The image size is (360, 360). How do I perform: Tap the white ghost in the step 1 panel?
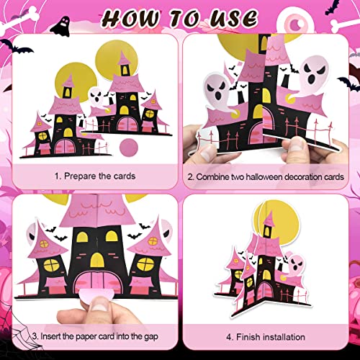click(98, 96)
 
